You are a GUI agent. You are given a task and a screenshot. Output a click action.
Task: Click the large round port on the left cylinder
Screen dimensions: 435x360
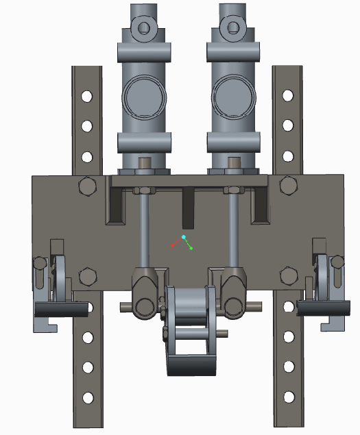(143, 97)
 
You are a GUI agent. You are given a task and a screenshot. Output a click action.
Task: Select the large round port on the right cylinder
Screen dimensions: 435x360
(234, 97)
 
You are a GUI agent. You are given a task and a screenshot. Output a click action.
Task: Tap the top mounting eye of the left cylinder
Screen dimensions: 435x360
(144, 27)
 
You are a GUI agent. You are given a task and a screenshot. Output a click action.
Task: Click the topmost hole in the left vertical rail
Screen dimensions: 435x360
(87, 96)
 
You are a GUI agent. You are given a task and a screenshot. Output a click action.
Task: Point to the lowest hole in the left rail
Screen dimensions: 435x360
(87, 398)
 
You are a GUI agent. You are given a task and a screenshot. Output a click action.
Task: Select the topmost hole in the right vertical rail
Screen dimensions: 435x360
(288, 96)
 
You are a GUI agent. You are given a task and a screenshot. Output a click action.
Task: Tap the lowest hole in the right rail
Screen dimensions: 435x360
(288, 398)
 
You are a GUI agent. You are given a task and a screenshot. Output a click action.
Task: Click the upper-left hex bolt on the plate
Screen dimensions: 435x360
(87, 186)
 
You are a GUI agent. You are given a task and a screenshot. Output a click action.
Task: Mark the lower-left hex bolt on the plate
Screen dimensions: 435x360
(87, 276)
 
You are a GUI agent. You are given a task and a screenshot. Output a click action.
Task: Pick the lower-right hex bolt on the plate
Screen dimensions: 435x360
(288, 276)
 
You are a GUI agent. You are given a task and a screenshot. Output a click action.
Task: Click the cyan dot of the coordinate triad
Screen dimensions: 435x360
(184, 237)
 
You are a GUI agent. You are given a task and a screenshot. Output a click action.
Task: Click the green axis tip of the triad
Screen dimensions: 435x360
(191, 248)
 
